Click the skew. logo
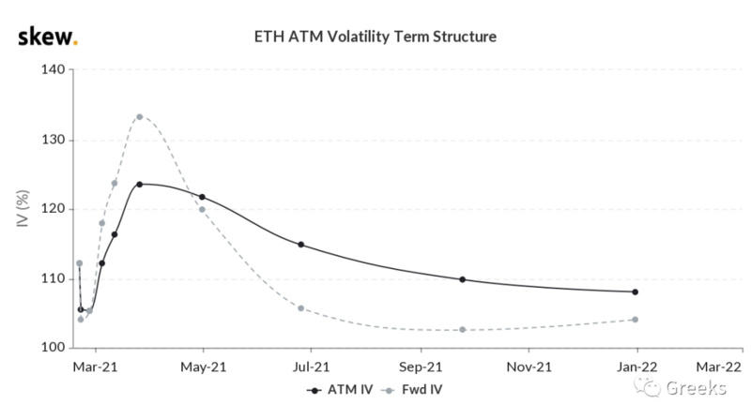click(x=48, y=37)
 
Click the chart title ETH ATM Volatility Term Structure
click(x=375, y=37)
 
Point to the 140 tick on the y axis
click(x=52, y=70)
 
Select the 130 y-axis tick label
click(x=52, y=140)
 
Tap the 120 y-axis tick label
click(x=52, y=209)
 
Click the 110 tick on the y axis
click(x=52, y=278)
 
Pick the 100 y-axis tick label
click(x=52, y=348)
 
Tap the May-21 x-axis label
click(x=204, y=367)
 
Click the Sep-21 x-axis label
click(x=421, y=367)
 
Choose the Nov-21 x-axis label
click(x=528, y=367)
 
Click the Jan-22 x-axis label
click(x=636, y=367)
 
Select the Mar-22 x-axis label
click(x=718, y=367)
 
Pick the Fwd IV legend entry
click(x=419, y=389)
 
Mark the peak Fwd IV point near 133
click(x=139, y=117)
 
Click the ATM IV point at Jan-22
click(x=636, y=292)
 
